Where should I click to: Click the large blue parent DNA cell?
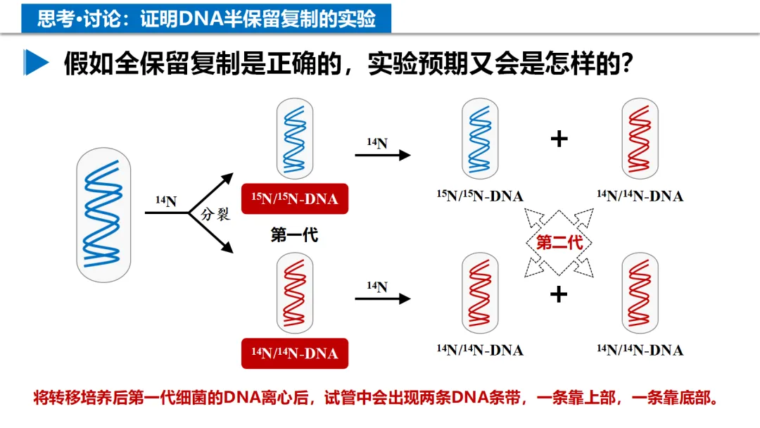pos(103,215)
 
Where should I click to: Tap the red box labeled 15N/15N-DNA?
pos(294,199)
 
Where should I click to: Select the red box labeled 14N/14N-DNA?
pos(294,353)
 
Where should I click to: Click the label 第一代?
pos(294,235)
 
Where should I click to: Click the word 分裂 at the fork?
pos(215,214)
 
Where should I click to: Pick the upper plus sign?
pos(559,139)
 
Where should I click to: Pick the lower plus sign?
pos(559,294)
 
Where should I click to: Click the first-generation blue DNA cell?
pos(295,138)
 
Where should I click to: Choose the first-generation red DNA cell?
pos(295,294)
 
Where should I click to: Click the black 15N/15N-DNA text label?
pos(480,196)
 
